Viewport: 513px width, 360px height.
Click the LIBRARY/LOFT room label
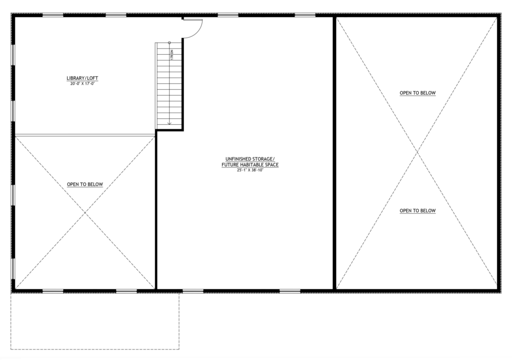[x=83, y=78]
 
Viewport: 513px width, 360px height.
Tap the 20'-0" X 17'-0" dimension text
[x=83, y=84]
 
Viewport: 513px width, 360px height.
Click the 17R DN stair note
[x=171, y=54]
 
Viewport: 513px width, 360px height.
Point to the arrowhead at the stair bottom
[x=169, y=123]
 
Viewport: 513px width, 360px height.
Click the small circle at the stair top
[x=169, y=43]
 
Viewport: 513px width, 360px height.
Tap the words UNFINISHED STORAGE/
[x=250, y=159]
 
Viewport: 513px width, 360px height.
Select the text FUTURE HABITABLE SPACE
[x=250, y=165]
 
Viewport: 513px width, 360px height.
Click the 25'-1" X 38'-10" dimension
[x=250, y=170]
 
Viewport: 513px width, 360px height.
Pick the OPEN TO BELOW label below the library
[x=85, y=185]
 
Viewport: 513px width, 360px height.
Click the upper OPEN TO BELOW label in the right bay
[x=418, y=93]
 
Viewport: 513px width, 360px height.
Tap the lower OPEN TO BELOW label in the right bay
[x=418, y=211]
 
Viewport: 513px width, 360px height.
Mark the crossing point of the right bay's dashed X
[x=417, y=152]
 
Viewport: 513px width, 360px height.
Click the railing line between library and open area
[x=85, y=135]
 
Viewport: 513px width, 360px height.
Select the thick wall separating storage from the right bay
[x=335, y=153]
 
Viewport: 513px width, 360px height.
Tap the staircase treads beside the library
[x=168, y=86]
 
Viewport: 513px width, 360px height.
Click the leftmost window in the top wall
[x=53, y=15]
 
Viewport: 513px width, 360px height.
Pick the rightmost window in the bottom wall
[x=290, y=291]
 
